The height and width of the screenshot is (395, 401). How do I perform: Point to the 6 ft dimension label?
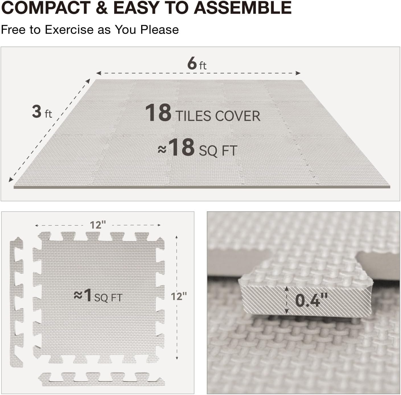click(x=197, y=64)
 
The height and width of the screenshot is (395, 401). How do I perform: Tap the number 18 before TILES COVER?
click(x=158, y=113)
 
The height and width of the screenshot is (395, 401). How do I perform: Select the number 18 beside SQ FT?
click(x=181, y=147)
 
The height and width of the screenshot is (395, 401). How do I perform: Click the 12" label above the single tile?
click(x=98, y=225)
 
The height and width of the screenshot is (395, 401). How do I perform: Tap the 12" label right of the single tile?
click(x=178, y=296)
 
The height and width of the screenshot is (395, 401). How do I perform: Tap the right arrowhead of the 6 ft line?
click(x=298, y=73)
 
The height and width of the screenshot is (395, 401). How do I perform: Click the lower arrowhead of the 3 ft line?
click(x=11, y=179)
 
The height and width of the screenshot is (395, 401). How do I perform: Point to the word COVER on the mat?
click(x=238, y=116)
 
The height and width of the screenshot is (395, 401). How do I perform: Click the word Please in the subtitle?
click(x=159, y=30)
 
